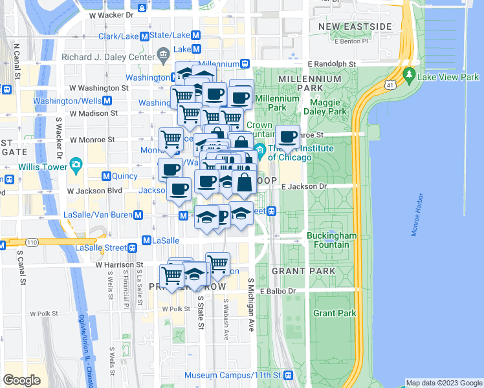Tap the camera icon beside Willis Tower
[76, 164]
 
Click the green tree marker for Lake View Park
[409, 76]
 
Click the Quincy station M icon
[106, 176]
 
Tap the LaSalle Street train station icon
[132, 247]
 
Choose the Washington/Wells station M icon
[106, 101]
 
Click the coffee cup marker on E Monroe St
[287, 137]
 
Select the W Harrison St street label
[119, 265]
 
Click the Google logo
[22, 380]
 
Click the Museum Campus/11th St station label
[233, 375]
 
